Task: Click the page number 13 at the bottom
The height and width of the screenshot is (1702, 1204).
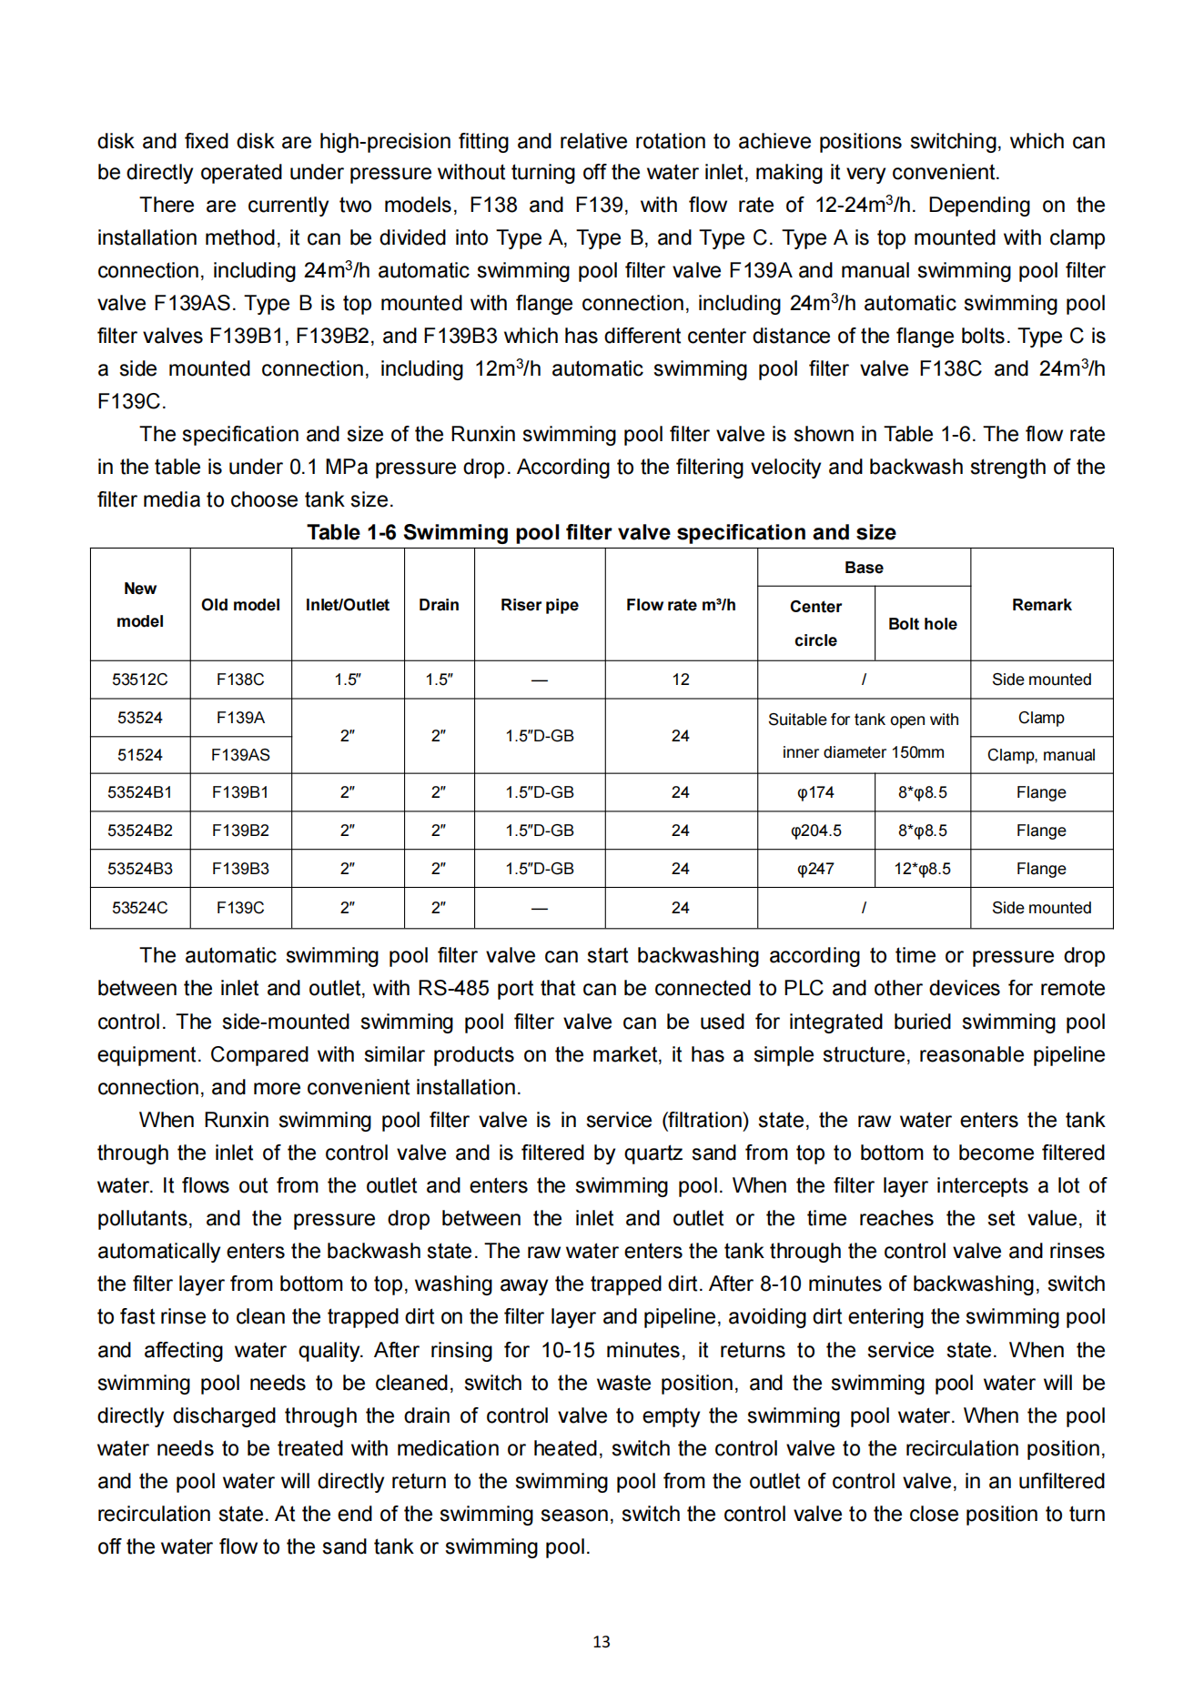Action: (601, 1642)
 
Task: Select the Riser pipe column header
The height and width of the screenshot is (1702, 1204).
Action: (539, 605)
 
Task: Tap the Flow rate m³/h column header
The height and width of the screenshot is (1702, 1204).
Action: (681, 605)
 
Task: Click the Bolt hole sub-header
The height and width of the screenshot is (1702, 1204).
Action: (922, 624)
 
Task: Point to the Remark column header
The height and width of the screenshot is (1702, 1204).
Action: (1041, 605)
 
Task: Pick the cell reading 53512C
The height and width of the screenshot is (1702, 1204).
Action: (140, 680)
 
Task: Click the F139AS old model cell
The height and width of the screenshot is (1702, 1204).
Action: (240, 755)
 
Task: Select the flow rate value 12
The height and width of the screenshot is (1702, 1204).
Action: (681, 680)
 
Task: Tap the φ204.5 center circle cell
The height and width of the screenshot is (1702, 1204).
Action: (815, 831)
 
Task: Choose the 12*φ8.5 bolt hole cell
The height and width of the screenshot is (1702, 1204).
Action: (922, 869)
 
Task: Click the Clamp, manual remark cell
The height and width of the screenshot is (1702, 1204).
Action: (1041, 755)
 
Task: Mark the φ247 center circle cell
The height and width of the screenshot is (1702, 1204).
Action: (815, 869)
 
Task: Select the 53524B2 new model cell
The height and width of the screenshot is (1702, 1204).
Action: (140, 831)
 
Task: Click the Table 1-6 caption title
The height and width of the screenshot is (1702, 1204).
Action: (601, 532)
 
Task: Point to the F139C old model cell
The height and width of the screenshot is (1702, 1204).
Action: (240, 908)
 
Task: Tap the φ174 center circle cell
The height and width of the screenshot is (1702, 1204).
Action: (815, 792)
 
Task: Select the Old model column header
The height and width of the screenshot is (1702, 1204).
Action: (240, 605)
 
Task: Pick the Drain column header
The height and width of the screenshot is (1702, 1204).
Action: (439, 605)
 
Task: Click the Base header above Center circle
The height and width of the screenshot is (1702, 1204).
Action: (864, 568)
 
